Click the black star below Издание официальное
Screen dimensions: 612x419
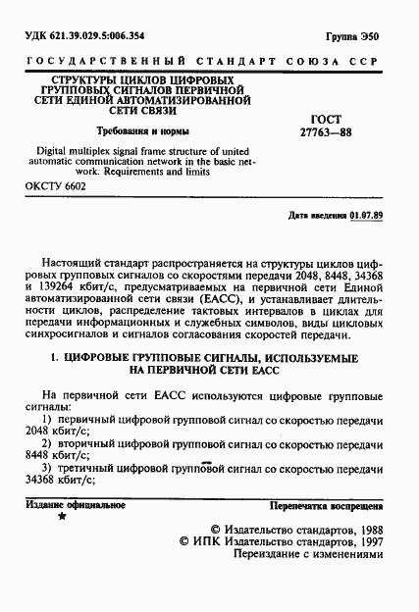point(64,514)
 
